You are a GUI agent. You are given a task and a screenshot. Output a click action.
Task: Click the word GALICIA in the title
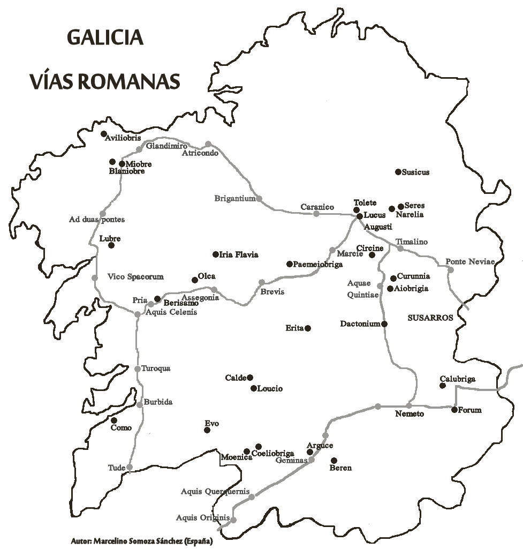pyautogui.click(x=105, y=38)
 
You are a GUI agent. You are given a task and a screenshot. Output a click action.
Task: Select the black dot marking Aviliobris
pyautogui.click(x=104, y=134)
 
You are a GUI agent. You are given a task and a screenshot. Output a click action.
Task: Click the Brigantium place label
pyautogui.click(x=234, y=198)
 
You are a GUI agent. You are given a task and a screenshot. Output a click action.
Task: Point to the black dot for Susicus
pyautogui.click(x=398, y=172)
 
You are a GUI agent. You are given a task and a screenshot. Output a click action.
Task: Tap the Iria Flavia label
pyautogui.click(x=239, y=255)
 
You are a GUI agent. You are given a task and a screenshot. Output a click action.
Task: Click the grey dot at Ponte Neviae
pyautogui.click(x=451, y=269)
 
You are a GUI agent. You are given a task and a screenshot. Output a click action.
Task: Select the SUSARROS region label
pyautogui.click(x=430, y=318)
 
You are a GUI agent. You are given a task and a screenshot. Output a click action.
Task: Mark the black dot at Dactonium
pyautogui.click(x=384, y=324)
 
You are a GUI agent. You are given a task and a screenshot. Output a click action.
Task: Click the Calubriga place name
pyautogui.click(x=457, y=379)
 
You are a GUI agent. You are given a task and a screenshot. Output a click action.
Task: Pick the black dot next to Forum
pyautogui.click(x=454, y=410)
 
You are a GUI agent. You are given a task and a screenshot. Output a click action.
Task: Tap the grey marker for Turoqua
pyautogui.click(x=138, y=369)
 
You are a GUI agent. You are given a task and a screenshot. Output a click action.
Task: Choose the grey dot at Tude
pyautogui.click(x=129, y=468)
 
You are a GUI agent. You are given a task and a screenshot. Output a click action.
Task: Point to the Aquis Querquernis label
pyautogui.click(x=215, y=491)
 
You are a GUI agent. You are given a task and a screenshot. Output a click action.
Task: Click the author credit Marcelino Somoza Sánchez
pyautogui.click(x=141, y=541)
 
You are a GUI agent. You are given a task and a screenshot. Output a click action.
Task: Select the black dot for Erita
pyautogui.click(x=307, y=328)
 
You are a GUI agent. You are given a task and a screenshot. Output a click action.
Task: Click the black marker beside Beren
pyautogui.click(x=333, y=461)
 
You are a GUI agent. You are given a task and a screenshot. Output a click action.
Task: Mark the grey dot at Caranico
pyautogui.click(x=316, y=214)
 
